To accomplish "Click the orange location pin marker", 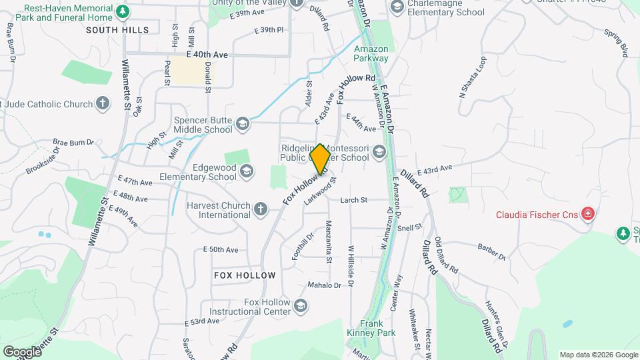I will pyautogui.click(x=321, y=159).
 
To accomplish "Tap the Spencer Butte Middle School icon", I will pyautogui.click(x=242, y=123).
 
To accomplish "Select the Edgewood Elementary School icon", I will pyautogui.click(x=247, y=172).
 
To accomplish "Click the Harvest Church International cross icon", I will pyautogui.click(x=261, y=209).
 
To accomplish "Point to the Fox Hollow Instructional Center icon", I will pyautogui.click(x=301, y=306).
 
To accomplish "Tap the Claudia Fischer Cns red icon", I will pyautogui.click(x=587, y=214).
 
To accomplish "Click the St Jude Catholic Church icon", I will pyautogui.click(x=102, y=104).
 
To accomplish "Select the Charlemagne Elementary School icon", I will pyautogui.click(x=397, y=7).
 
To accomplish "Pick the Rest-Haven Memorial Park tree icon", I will pyautogui.click(x=122, y=11).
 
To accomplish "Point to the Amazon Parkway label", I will pyautogui.click(x=371, y=53).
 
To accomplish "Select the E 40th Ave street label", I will pyautogui.click(x=207, y=53).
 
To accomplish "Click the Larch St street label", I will pyautogui.click(x=354, y=200).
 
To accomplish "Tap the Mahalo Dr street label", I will pyautogui.click(x=324, y=285).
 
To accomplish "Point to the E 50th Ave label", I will pyautogui.click(x=221, y=249).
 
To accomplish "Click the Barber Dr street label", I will pyautogui.click(x=491, y=251).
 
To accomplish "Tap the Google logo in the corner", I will pyautogui.click(x=22, y=351).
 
